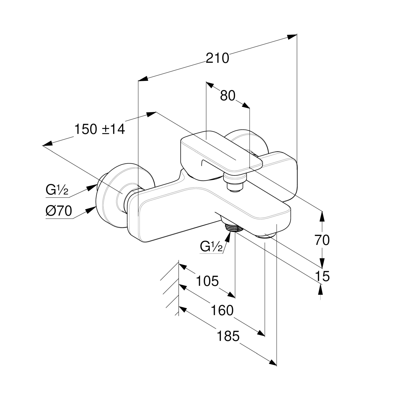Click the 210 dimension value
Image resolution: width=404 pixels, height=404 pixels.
217,58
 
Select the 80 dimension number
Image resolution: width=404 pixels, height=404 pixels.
228,96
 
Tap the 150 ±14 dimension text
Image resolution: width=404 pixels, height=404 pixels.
99,129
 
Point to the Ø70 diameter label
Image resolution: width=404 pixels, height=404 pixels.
59,211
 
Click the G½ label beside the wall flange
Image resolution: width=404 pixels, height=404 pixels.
57,190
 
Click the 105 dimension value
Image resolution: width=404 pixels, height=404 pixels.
207,281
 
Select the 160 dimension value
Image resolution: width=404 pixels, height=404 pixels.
222,310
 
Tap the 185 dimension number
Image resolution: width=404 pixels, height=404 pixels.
228,336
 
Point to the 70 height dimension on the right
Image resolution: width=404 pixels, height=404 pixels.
322,240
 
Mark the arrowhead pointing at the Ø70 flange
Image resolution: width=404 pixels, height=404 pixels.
91,210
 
